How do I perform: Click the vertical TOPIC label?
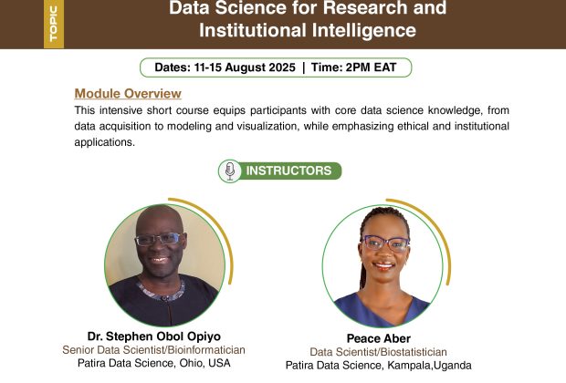(x=54, y=23)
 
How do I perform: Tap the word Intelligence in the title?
(x=364, y=30)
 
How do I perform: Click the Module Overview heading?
(x=128, y=93)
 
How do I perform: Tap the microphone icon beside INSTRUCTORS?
(x=230, y=171)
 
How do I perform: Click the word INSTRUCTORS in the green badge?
(x=288, y=171)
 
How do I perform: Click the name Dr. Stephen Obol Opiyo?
(x=154, y=336)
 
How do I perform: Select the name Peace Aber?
(x=379, y=338)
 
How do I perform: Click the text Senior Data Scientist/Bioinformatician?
(x=153, y=350)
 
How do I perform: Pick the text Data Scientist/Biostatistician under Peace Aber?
(x=378, y=352)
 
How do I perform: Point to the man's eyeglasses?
(x=160, y=239)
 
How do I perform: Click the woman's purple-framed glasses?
(x=385, y=243)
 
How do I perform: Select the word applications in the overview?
(x=104, y=142)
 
